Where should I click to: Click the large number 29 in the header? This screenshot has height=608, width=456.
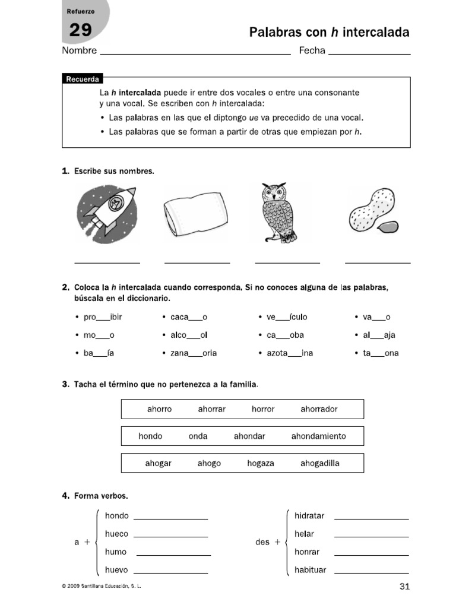click(x=81, y=30)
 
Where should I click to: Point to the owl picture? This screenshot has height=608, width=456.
click(x=278, y=213)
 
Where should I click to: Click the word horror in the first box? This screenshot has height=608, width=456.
click(x=263, y=409)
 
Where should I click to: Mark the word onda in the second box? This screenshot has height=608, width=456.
click(x=198, y=436)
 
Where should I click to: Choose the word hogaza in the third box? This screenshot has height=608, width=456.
click(x=261, y=463)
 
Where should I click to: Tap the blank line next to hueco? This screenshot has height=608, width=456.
click(x=171, y=536)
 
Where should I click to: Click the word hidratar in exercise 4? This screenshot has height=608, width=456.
click(x=309, y=516)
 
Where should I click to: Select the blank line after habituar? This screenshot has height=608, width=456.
click(x=371, y=573)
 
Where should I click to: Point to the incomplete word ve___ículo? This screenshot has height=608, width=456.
click(x=287, y=317)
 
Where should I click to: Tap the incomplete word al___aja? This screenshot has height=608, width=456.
click(x=379, y=335)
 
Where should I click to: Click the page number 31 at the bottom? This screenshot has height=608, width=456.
click(x=405, y=587)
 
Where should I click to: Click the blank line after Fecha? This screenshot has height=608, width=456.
click(x=369, y=53)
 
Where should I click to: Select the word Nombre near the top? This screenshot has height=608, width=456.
click(x=80, y=51)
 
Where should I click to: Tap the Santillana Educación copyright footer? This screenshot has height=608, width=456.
click(x=102, y=587)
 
